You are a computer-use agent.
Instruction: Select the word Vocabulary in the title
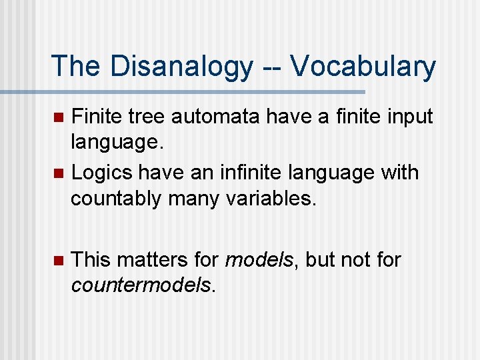[363, 66]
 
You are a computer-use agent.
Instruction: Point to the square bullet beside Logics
[58, 173]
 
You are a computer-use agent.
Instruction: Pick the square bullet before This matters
[58, 259]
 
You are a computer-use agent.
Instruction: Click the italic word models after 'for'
[258, 259]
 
